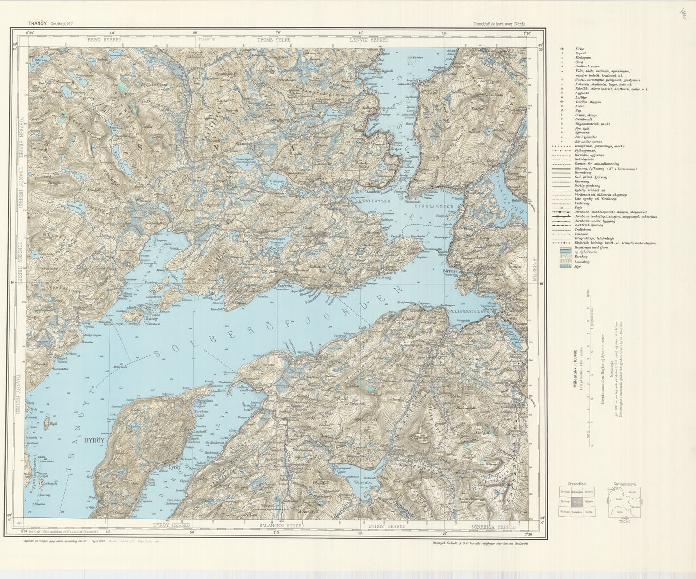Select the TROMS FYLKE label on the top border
pos(274,40)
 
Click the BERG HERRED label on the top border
pos(104,40)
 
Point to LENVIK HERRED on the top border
pos(368,40)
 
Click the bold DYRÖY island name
pos(95,440)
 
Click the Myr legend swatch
pos(561,266)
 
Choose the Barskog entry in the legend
pos(561,257)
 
